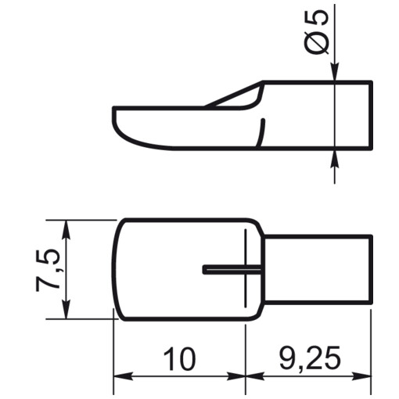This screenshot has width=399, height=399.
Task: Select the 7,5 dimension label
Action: tap(46, 270)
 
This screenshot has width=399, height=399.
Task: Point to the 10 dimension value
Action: tap(179, 359)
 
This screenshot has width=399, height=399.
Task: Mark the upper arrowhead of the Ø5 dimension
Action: tap(335, 73)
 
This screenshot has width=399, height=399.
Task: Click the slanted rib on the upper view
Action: tap(231, 97)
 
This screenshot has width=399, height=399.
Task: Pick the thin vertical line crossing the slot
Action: tap(246, 269)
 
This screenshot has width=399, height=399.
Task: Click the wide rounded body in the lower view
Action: tap(172, 270)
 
